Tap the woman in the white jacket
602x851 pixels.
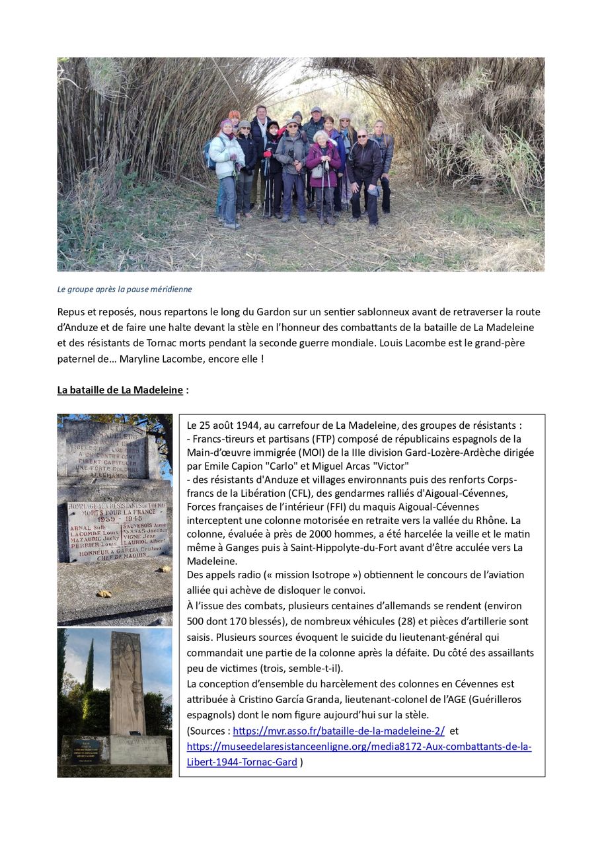pos(226,159)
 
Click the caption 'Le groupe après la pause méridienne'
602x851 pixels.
pos(124,289)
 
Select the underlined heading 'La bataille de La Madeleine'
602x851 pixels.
pos(120,390)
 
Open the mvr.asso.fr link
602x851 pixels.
pos(338,731)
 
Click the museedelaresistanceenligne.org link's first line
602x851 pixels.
pos(359,747)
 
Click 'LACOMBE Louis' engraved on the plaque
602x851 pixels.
pos(93,532)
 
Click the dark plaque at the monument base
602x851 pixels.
pos(85,751)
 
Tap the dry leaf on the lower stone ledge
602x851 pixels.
pos(104,593)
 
